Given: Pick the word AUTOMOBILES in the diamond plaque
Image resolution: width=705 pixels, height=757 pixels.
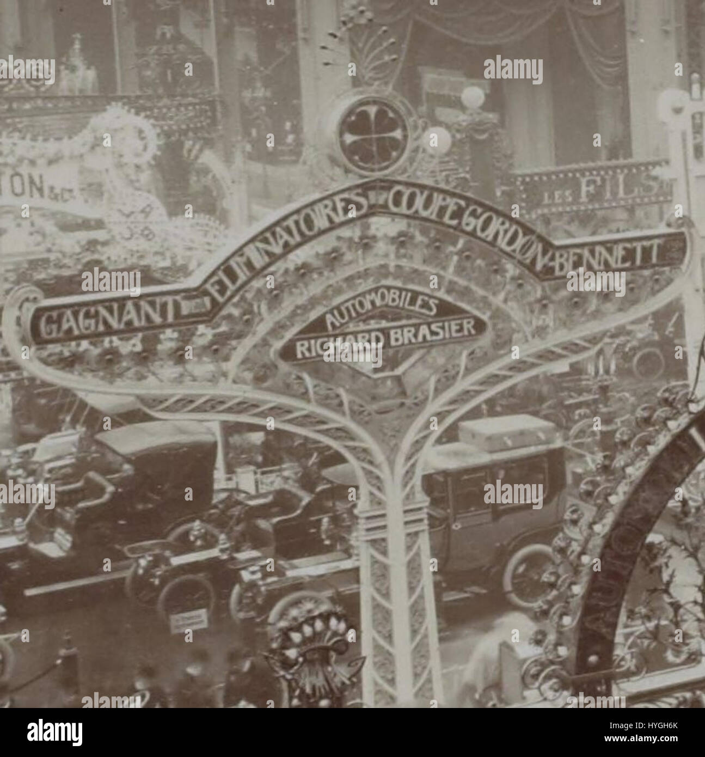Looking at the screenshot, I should [381, 314].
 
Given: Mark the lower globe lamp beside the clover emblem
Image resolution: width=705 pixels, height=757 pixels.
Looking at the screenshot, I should [438, 140].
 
